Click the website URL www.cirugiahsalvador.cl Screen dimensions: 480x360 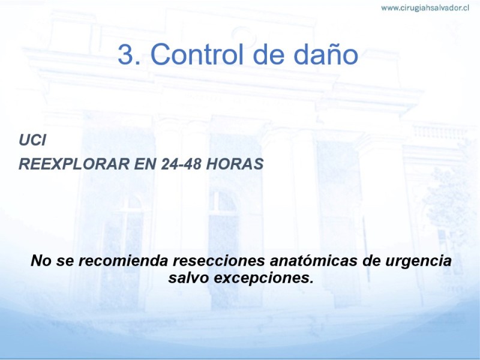coord(425,8)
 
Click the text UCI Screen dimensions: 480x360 coord(32,140)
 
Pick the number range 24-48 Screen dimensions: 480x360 coord(181,164)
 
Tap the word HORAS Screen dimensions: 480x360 coord(235,164)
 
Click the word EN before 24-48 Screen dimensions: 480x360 coord(145,164)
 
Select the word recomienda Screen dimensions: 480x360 coord(124,260)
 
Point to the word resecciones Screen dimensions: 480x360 coord(219,260)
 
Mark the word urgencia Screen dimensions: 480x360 coord(418,262)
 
